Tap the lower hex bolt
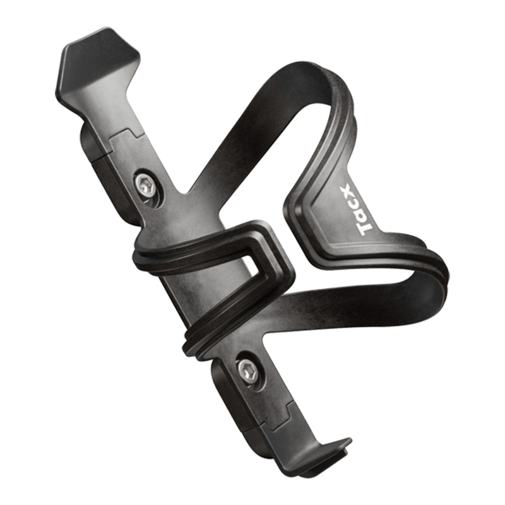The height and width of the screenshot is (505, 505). (248, 371)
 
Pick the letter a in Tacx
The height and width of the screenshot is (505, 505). (369, 215)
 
